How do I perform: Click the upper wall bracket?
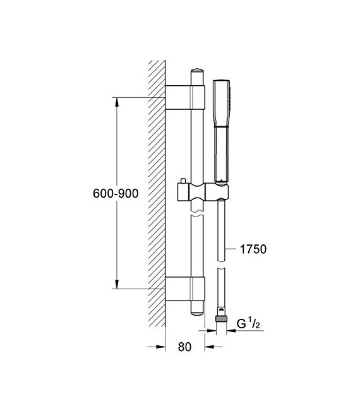click(186, 97)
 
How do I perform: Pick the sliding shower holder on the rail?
click(201, 191)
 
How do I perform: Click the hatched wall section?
click(156, 189)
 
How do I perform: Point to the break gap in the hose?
click(221, 266)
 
